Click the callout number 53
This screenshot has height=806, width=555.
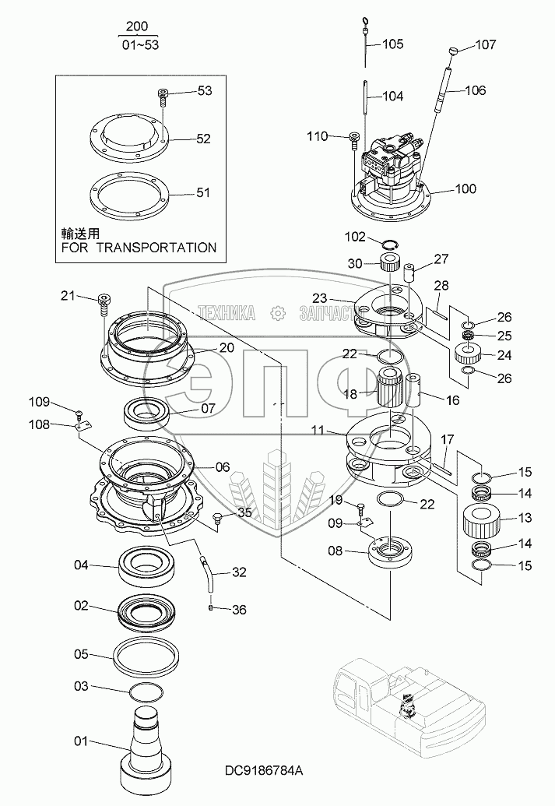pyautogui.click(x=205, y=91)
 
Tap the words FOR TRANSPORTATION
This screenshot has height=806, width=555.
pyautogui.click(x=139, y=248)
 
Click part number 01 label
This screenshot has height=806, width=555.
pyautogui.click(x=81, y=741)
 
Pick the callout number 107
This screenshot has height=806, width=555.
pyautogui.click(x=485, y=44)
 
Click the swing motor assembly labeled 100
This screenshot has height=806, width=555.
pyautogui.click(x=388, y=171)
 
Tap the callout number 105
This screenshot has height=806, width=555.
pyautogui.click(x=392, y=44)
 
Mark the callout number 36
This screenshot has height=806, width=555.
pyautogui.click(x=239, y=610)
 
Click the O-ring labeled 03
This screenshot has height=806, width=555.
pyautogui.click(x=146, y=692)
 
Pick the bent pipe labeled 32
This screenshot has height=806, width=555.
pyautogui.click(x=206, y=571)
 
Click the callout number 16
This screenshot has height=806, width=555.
pyautogui.click(x=451, y=400)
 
